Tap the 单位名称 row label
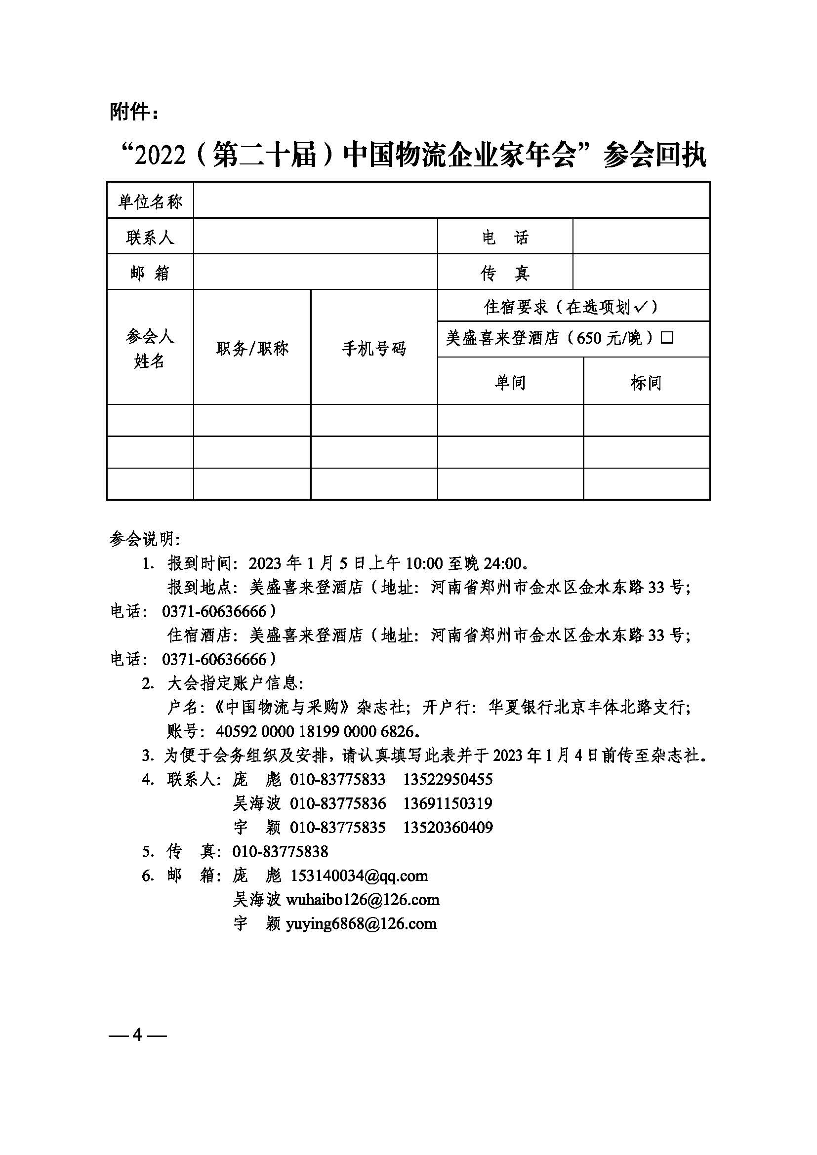150,202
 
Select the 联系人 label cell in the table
150,237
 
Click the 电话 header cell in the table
505,237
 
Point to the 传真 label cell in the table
505,273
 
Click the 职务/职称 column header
252,348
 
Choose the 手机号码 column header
374,348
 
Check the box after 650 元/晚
667,338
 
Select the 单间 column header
510,382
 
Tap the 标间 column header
646,382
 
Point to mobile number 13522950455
448,779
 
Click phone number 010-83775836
337,803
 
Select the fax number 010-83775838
280,851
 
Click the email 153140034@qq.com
359,876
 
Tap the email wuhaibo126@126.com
362,899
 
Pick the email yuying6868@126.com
361,923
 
